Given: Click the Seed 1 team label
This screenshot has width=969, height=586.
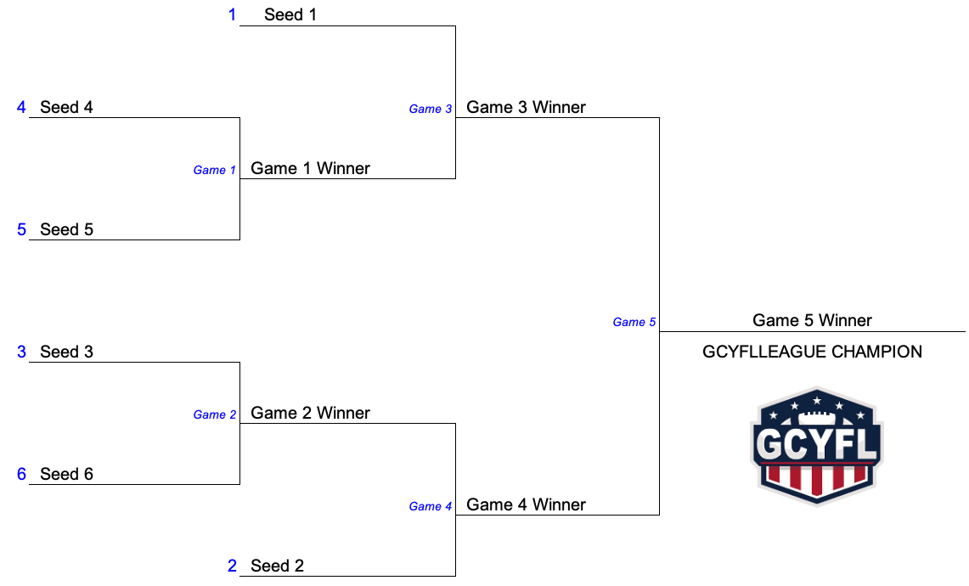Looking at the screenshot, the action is [290, 14].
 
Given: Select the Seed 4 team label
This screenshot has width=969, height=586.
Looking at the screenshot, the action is [66, 108].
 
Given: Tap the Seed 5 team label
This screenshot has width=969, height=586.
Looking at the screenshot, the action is [66, 230].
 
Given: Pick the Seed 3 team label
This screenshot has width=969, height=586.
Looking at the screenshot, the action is [66, 352].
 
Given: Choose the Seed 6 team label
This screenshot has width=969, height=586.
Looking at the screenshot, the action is [66, 475].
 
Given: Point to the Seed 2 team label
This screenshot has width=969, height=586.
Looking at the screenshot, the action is [277, 566].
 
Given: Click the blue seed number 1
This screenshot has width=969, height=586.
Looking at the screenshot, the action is [233, 14].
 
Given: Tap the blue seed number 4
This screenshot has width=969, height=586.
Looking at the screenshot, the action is [21, 108].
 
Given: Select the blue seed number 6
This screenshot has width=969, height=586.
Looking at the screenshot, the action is [21, 475].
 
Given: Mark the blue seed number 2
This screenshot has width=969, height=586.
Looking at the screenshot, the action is [233, 566].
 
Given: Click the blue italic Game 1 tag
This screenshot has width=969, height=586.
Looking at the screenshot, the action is [215, 171].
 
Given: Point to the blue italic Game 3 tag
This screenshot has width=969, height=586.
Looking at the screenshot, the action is [430, 110].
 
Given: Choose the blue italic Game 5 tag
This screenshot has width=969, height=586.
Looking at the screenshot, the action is [634, 323].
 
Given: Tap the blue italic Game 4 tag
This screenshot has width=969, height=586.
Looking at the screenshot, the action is [430, 507].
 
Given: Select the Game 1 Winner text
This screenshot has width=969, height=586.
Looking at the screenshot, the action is [310, 169].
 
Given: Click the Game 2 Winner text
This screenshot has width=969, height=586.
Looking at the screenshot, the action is [310, 414].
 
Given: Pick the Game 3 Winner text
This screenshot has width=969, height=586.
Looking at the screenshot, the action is [526, 108].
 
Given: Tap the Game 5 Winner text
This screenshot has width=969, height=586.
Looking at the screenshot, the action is [812, 321].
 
